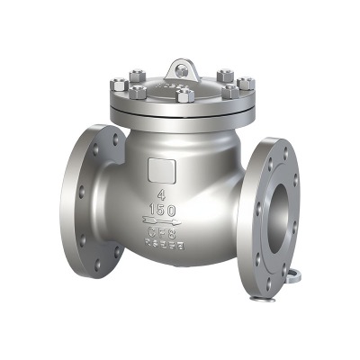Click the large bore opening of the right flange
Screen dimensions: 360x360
coord(290,209)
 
